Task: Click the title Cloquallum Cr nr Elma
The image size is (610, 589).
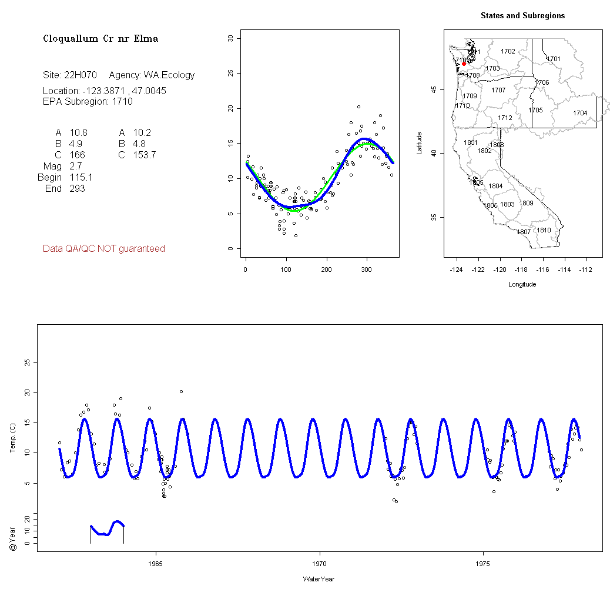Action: click(100, 39)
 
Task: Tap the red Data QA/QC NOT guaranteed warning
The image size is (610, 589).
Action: click(104, 249)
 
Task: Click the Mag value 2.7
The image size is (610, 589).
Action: click(76, 167)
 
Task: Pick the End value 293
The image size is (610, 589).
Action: click(77, 189)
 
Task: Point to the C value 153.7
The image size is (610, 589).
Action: click(144, 155)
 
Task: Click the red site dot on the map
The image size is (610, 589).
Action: click(464, 64)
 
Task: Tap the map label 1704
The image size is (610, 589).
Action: click(580, 113)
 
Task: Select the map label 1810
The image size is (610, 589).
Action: click(544, 230)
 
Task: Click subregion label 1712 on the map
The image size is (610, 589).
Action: click(505, 118)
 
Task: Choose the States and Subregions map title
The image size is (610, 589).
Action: click(522, 16)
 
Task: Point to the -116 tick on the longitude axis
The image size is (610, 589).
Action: click(543, 269)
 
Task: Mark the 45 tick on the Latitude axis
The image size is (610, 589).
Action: click(433, 89)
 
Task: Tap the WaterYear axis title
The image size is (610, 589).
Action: click(319, 579)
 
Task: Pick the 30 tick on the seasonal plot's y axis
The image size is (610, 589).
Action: click(230, 38)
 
